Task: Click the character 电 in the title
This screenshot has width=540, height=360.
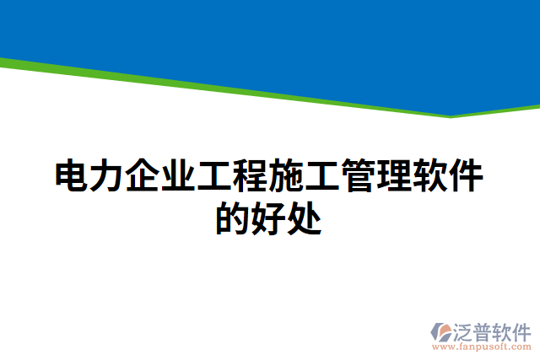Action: click(72, 177)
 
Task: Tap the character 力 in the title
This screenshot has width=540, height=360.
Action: click(108, 177)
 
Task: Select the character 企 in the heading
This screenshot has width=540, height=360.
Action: click(143, 177)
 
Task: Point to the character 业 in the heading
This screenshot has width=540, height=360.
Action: click(180, 177)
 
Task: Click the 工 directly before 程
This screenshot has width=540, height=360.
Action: click(216, 177)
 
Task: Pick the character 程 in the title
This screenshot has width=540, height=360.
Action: click(251, 177)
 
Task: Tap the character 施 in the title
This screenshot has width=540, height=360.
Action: click(288, 177)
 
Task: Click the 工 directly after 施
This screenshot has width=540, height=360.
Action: click(324, 177)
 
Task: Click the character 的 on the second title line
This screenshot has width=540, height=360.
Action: click(234, 218)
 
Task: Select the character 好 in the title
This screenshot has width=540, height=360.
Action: click(270, 218)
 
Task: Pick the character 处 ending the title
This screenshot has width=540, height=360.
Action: click(305, 218)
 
